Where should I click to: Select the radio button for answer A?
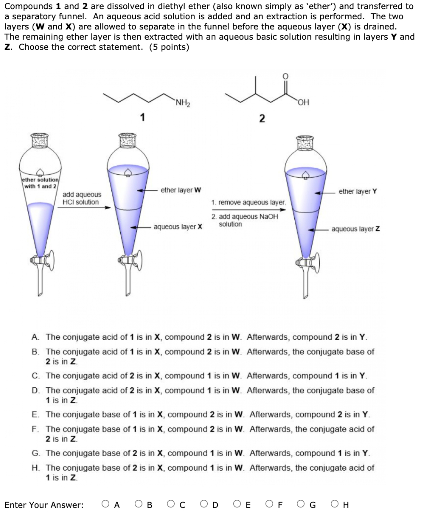[105, 504]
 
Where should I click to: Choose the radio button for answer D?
[205, 504]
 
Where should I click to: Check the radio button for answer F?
[270, 504]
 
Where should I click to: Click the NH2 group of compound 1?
[183, 104]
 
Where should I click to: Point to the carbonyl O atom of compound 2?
[285, 76]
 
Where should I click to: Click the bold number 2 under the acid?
[262, 118]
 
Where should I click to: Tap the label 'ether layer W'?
[181, 190]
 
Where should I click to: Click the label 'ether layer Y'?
[357, 191]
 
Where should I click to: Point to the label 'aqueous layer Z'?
[355, 229]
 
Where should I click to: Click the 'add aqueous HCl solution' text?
[81, 198]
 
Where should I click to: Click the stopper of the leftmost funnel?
[41, 142]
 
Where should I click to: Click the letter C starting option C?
[34, 376]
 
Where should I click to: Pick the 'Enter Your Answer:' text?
[44, 505]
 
